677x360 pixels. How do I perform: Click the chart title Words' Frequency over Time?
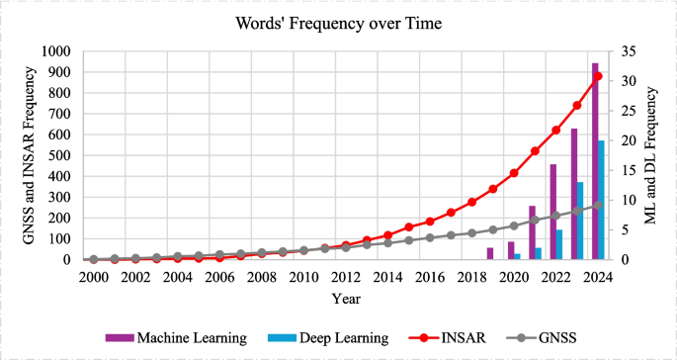(x=338, y=24)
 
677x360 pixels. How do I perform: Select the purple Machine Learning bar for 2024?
(x=595, y=161)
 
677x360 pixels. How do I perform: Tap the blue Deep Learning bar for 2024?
(x=601, y=200)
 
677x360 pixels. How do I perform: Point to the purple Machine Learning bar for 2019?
(x=490, y=254)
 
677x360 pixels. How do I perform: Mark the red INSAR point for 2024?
(x=598, y=76)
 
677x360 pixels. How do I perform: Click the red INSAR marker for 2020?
(x=514, y=173)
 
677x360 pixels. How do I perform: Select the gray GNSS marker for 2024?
(x=598, y=206)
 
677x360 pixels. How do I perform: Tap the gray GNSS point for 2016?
(x=430, y=237)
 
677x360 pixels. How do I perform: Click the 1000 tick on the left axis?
(x=60, y=51)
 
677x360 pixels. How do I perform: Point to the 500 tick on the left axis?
(x=64, y=155)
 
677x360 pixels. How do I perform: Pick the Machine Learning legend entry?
(x=176, y=337)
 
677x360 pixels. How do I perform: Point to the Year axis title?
(x=346, y=299)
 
